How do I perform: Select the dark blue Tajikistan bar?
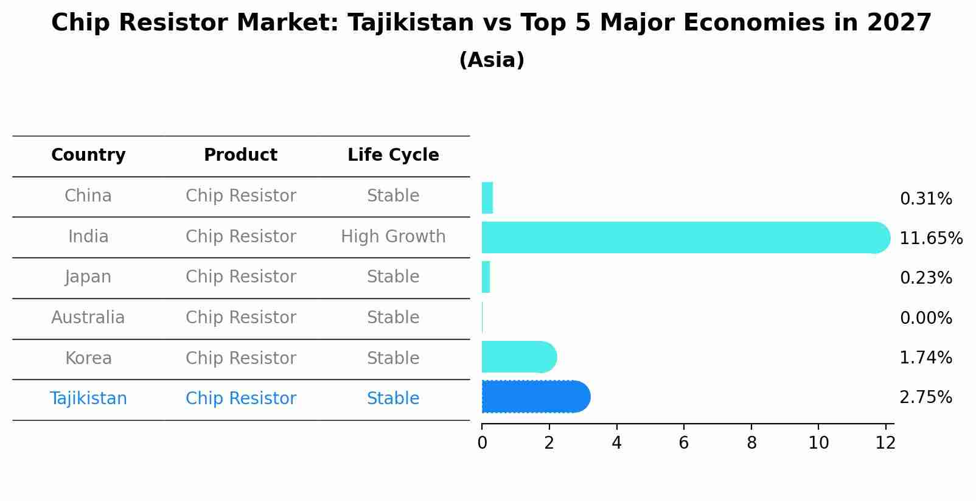535,397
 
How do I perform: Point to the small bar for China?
487,198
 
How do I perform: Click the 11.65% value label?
930,238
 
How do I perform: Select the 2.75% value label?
925,398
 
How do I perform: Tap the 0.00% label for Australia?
925,318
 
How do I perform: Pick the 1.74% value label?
925,357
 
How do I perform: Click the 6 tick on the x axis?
684,443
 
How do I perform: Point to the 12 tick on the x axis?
885,443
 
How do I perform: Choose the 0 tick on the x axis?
482,443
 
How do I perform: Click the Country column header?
88,155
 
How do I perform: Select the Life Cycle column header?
393,155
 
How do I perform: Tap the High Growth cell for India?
393,237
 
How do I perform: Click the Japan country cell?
88,277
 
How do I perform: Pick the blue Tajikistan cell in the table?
88,399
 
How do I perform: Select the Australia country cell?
88,318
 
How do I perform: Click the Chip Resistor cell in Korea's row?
241,358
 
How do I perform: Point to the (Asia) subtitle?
492,60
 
